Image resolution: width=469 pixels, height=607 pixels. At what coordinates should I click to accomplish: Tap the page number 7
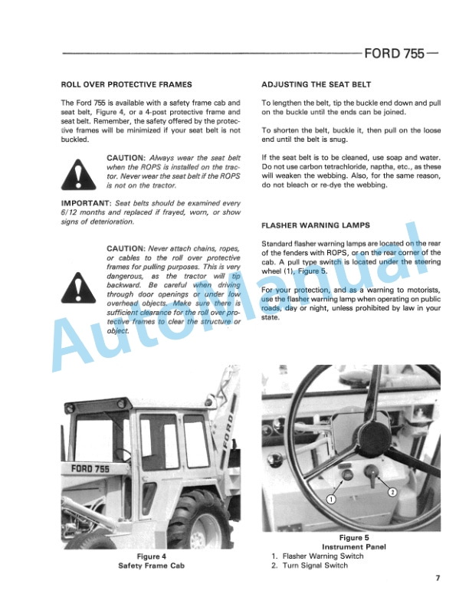click(x=436, y=578)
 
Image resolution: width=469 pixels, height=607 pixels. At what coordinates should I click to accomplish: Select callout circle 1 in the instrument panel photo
click(x=331, y=498)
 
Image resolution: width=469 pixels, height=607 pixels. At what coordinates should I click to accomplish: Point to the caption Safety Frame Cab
click(x=152, y=566)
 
